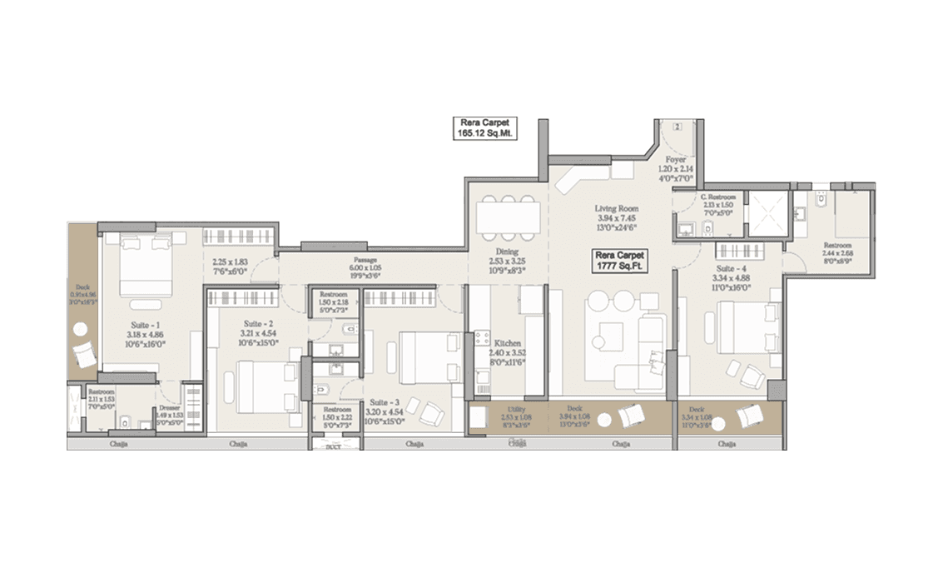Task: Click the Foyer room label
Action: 675,159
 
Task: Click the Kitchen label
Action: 507,343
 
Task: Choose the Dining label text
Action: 506,251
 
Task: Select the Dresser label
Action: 170,409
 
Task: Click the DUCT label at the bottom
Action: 333,447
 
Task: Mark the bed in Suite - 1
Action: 146,264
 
